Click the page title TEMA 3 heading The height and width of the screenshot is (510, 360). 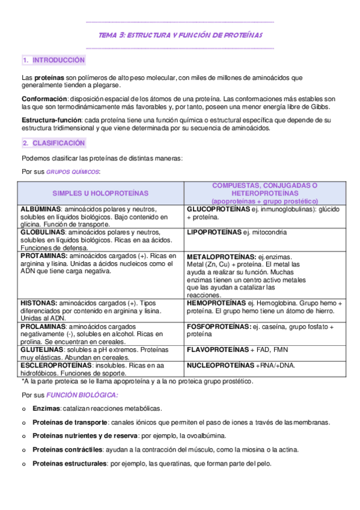click(x=180, y=35)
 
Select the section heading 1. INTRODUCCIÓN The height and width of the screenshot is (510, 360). click(x=53, y=61)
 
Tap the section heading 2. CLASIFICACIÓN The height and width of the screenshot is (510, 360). click(x=53, y=143)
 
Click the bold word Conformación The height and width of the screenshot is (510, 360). click(x=44, y=99)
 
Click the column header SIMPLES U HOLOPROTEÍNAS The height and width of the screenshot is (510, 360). click(x=100, y=193)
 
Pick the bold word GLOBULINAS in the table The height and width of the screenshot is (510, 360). click(x=43, y=232)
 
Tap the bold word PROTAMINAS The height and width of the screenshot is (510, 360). click(x=44, y=256)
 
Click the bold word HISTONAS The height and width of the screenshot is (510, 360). click(x=38, y=303)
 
